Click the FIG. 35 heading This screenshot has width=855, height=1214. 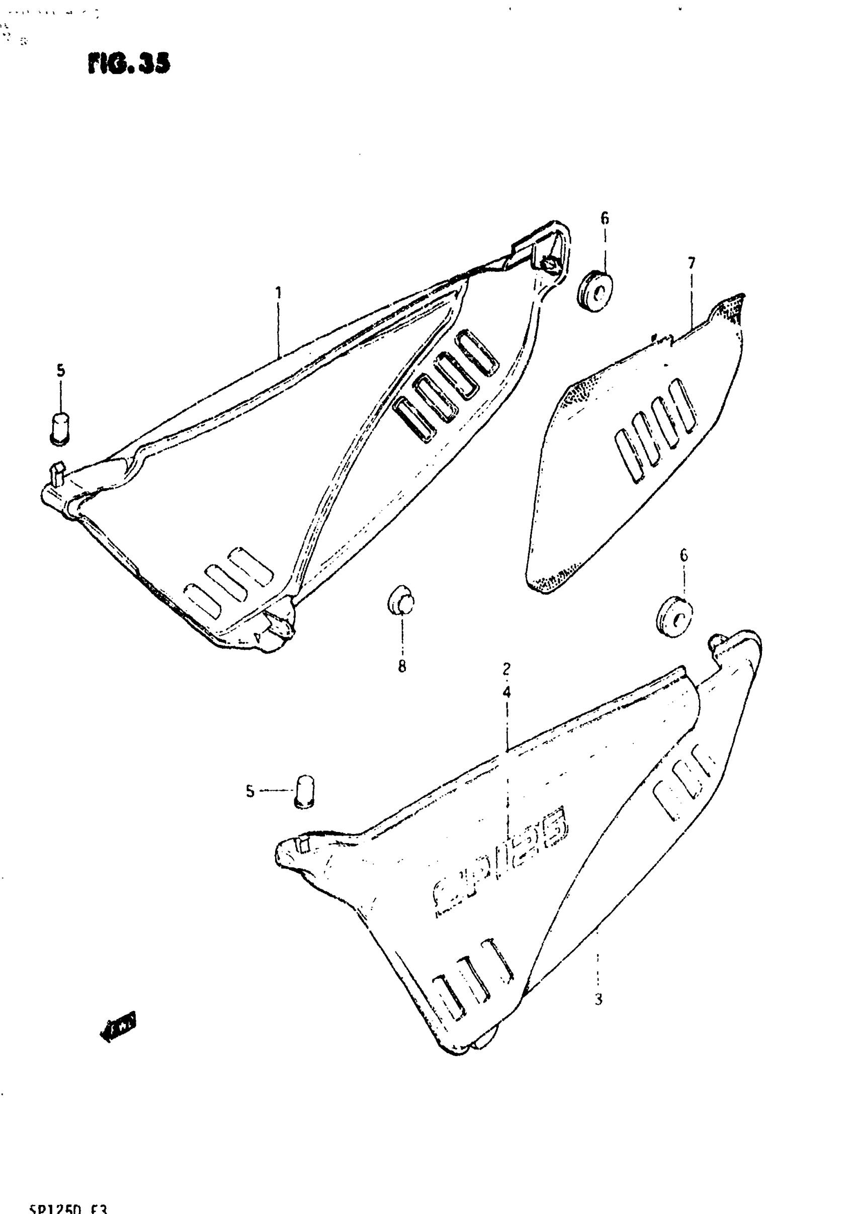(x=129, y=63)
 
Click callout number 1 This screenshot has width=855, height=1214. (x=278, y=293)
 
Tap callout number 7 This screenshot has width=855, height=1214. (x=692, y=263)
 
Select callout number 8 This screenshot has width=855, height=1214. (x=402, y=667)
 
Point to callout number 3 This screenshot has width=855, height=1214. (x=598, y=999)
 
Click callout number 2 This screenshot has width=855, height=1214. (x=506, y=669)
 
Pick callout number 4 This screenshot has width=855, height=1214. (x=507, y=692)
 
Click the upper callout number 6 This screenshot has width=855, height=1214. (x=605, y=218)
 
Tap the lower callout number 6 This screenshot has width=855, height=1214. (x=683, y=555)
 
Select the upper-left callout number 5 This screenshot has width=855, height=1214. (x=61, y=370)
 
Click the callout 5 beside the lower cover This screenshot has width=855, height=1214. (x=250, y=792)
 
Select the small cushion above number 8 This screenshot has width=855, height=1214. (x=401, y=601)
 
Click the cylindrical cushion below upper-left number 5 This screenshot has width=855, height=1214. (x=60, y=428)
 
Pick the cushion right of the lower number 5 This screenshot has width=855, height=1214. (x=304, y=792)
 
